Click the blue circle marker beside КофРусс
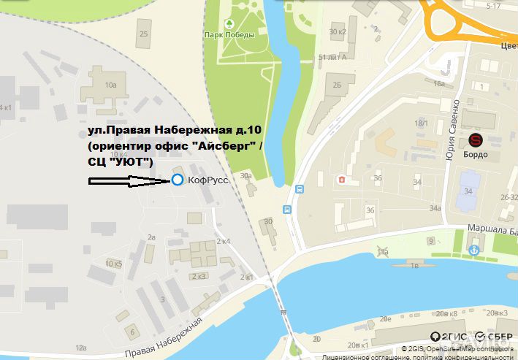click(177, 180)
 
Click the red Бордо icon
click(476, 140)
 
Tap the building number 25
click(143, 34)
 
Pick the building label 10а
click(110, 85)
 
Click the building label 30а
click(246, 176)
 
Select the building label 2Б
click(338, 85)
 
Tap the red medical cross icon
click(340, 179)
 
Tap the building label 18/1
click(422, 123)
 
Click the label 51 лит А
click(333, 57)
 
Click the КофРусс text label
click(204, 180)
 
